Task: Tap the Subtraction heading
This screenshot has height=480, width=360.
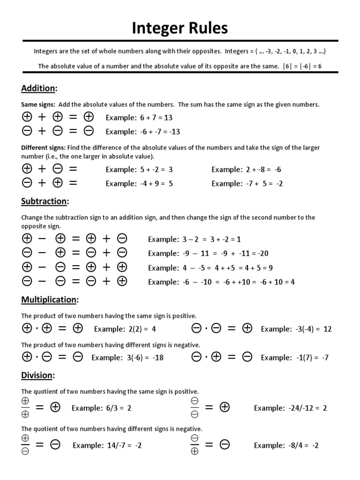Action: [x=45, y=201]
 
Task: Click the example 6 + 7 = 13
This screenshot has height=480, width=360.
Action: [x=139, y=117]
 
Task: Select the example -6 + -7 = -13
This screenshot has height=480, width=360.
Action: [x=143, y=131]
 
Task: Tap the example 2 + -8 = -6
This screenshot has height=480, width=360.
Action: [x=246, y=169]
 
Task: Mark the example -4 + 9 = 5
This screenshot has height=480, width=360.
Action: [x=139, y=183]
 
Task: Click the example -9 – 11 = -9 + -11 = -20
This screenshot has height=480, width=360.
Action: [x=208, y=253]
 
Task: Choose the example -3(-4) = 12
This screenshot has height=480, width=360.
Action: [x=296, y=329]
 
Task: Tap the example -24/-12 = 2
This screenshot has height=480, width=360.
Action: [x=290, y=408]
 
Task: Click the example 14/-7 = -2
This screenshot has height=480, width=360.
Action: [x=107, y=445]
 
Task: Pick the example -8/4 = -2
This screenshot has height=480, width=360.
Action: [x=286, y=445]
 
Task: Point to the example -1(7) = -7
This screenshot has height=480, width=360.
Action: [x=295, y=358]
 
